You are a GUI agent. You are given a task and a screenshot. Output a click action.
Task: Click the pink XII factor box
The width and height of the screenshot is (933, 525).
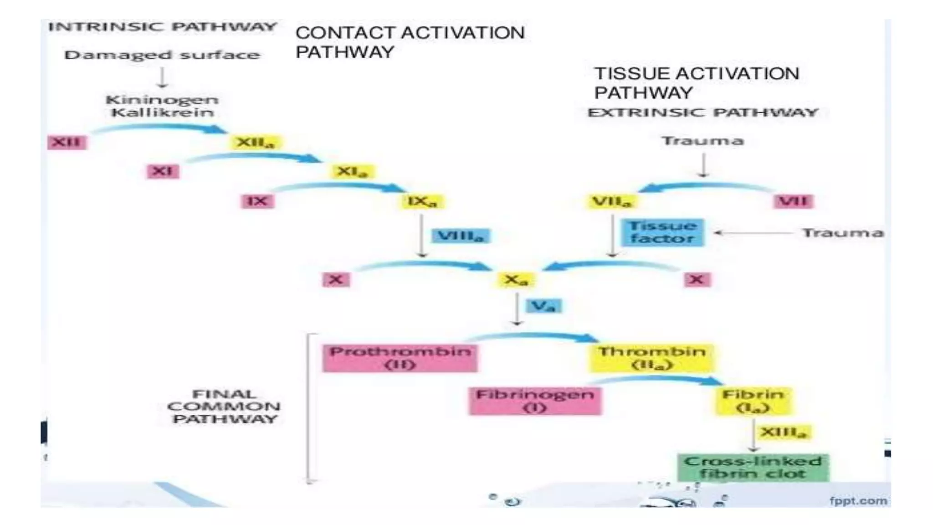tap(67, 142)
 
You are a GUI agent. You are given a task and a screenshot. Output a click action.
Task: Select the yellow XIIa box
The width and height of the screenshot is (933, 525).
tap(256, 143)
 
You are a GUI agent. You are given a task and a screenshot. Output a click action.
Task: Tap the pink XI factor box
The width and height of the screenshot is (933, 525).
tap(162, 171)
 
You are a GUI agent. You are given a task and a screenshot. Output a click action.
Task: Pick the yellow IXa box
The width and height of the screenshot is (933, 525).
tap(422, 201)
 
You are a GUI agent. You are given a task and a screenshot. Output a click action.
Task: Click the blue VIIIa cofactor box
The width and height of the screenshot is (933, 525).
tap(460, 236)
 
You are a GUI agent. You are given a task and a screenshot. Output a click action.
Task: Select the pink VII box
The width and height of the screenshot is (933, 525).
tap(793, 201)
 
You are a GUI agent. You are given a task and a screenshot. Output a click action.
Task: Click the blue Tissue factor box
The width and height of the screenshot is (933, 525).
tap(663, 232)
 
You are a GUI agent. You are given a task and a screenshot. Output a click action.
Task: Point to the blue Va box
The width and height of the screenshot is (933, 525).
tap(543, 306)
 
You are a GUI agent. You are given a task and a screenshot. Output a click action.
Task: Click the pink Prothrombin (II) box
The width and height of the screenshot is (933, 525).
tap(400, 358)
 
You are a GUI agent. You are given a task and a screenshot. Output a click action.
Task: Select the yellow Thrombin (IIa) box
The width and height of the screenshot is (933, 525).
tap(651, 358)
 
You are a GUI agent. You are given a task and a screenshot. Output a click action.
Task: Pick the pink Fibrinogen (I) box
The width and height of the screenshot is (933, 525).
tap(535, 401)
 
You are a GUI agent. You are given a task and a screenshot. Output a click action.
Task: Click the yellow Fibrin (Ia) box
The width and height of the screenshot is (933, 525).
tap(753, 401)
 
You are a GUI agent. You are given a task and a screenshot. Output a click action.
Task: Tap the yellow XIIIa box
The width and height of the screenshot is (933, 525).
tap(784, 432)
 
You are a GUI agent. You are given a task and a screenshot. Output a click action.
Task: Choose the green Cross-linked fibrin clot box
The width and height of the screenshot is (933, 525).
tap(753, 467)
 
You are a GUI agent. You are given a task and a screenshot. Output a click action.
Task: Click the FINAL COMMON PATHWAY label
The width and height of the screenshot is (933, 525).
tap(224, 406)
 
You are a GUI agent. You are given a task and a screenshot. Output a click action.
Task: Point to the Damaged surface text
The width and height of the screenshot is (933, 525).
tap(162, 55)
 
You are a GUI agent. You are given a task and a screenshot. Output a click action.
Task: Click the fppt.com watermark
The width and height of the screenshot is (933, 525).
tap(858, 501)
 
